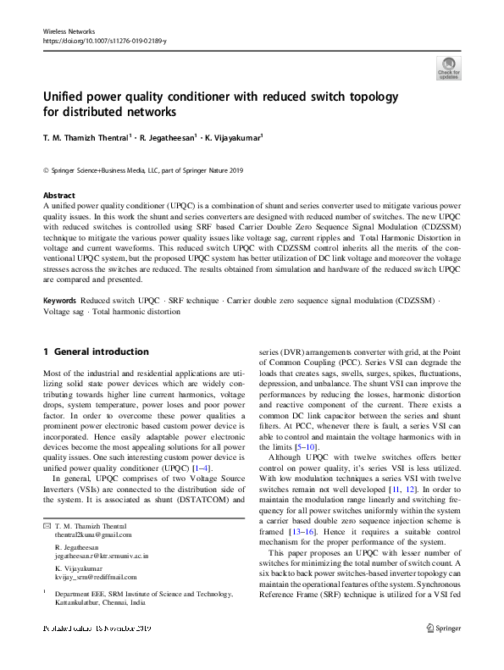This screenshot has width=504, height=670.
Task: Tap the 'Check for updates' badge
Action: coord(448,68)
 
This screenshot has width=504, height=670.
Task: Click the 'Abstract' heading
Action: coord(58,195)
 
